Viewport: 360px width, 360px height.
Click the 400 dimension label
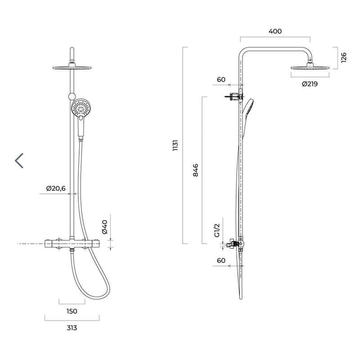275,31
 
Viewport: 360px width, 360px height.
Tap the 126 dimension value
344,58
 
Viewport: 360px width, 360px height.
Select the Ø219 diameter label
310,84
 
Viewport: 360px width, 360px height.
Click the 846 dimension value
195,171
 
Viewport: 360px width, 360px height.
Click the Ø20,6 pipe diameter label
56,188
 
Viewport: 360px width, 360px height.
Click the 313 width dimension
72,328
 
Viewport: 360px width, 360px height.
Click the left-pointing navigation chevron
19,161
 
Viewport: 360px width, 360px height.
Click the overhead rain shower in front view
72,67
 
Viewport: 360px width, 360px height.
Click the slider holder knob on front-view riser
72,95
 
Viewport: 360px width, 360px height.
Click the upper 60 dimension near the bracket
221,80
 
